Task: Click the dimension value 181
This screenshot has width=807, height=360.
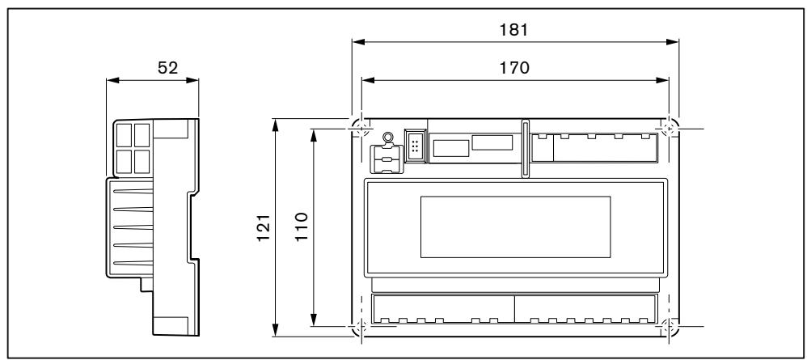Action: (x=514, y=30)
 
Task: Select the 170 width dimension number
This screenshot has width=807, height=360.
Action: (x=514, y=68)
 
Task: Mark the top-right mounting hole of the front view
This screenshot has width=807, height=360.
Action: (x=668, y=128)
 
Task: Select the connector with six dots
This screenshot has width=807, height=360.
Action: (x=415, y=146)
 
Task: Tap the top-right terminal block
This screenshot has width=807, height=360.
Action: (x=594, y=147)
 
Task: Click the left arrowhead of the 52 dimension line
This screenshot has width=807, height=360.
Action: (x=111, y=80)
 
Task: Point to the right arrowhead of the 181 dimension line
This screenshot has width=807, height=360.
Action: (x=673, y=42)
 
